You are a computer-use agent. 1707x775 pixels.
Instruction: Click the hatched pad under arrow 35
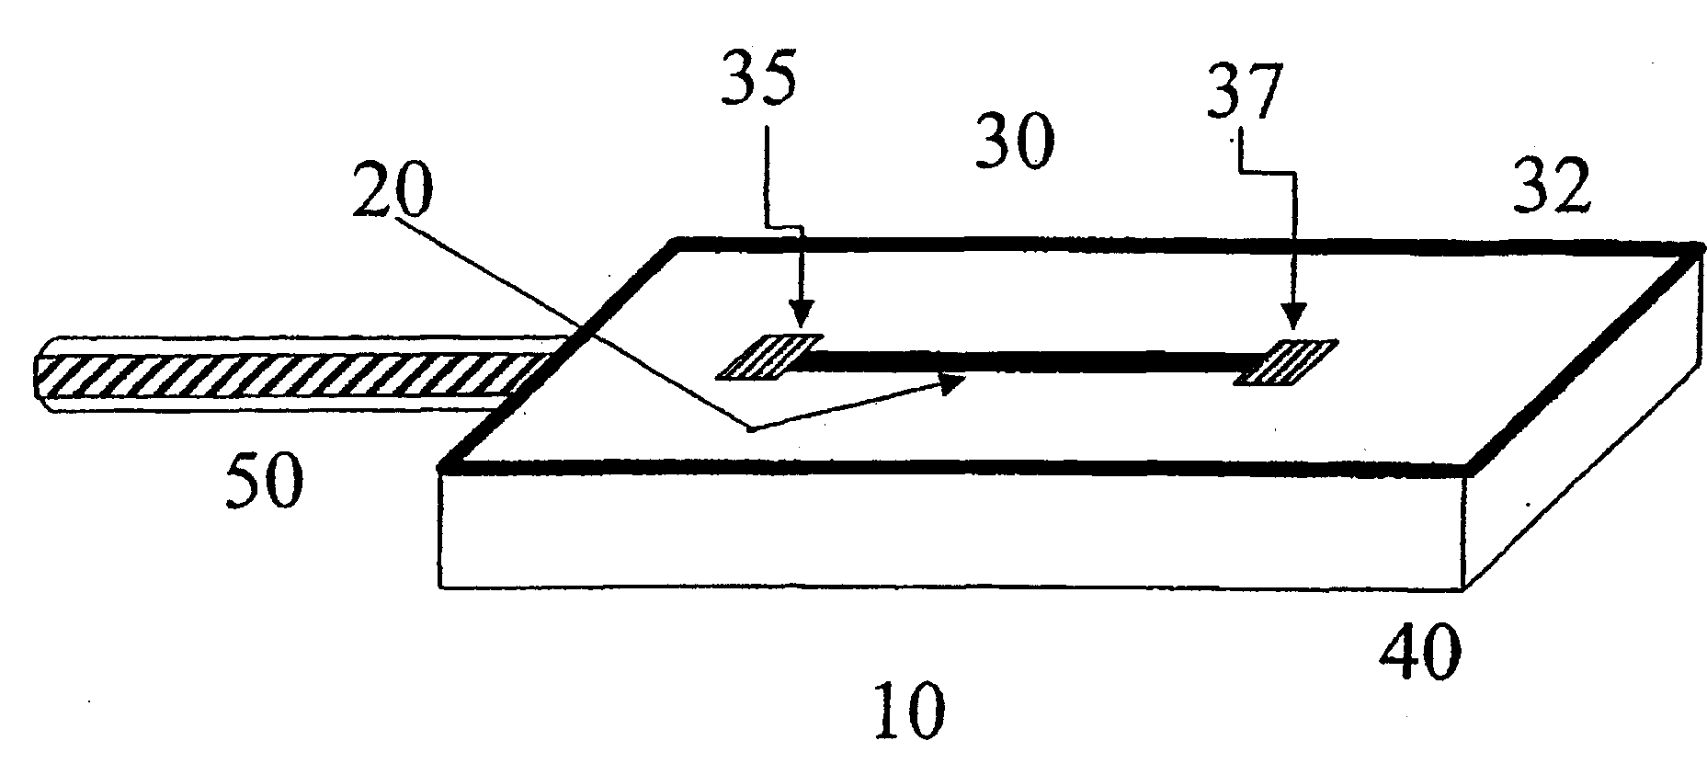click(x=768, y=357)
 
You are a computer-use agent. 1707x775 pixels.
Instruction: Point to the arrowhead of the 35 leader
click(x=802, y=321)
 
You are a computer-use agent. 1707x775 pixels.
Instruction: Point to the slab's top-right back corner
click(x=1694, y=247)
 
